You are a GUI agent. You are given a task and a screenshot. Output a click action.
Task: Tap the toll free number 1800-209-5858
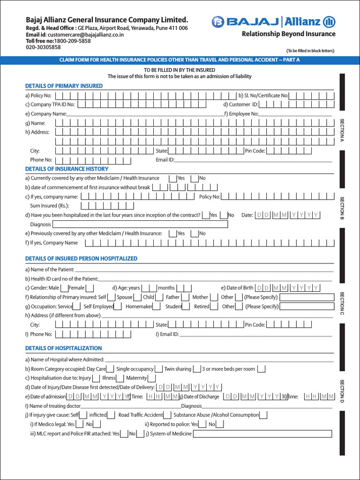click(x=70, y=41)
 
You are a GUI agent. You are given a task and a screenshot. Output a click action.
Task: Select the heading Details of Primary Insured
click(x=64, y=86)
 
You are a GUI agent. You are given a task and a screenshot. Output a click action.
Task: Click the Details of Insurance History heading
click(x=67, y=169)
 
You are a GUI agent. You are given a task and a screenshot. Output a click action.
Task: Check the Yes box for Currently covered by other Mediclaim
click(x=173, y=178)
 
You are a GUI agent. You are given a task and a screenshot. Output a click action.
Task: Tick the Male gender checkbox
click(x=64, y=288)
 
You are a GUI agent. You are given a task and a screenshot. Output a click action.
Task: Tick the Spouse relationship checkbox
click(x=137, y=297)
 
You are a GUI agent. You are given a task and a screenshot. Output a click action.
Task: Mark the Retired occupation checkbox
click(x=215, y=307)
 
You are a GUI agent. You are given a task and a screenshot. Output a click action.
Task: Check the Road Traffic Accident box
click(x=168, y=415)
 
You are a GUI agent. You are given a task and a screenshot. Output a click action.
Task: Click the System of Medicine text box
click(x=262, y=434)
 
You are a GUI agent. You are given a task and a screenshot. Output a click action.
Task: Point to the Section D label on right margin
click(x=342, y=391)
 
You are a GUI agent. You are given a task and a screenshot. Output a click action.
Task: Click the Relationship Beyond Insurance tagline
click(x=288, y=34)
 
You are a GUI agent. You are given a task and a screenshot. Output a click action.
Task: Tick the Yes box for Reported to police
click(x=202, y=424)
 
